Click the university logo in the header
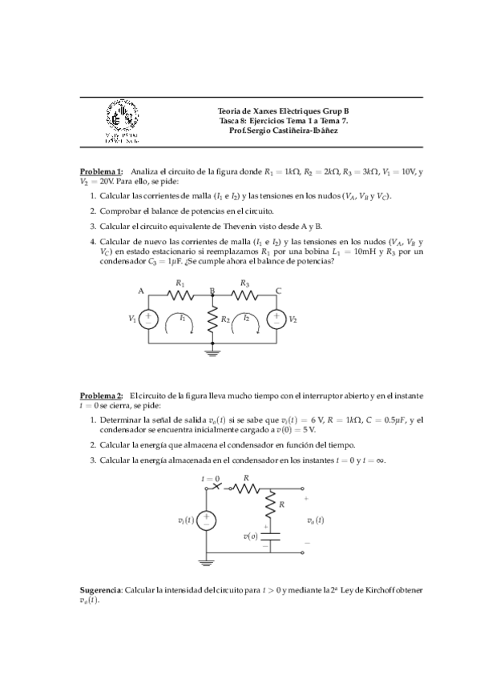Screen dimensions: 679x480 click(x=124, y=122)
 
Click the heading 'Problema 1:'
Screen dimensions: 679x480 click(x=101, y=171)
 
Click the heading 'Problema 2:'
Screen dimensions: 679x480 click(x=101, y=396)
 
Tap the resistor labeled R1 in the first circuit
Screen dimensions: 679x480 click(x=180, y=294)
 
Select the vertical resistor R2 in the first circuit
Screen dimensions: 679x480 click(x=212, y=319)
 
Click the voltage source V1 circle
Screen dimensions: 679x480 click(x=148, y=319)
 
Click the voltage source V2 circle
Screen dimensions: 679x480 click(x=276, y=319)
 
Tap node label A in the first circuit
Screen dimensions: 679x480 click(x=140, y=291)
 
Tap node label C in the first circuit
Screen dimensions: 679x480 click(x=277, y=291)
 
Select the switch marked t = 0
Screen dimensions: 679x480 click(x=216, y=485)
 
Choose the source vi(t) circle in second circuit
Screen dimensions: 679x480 click(x=208, y=520)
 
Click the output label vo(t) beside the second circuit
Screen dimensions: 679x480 click(x=315, y=520)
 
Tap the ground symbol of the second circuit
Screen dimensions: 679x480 click(x=208, y=563)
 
